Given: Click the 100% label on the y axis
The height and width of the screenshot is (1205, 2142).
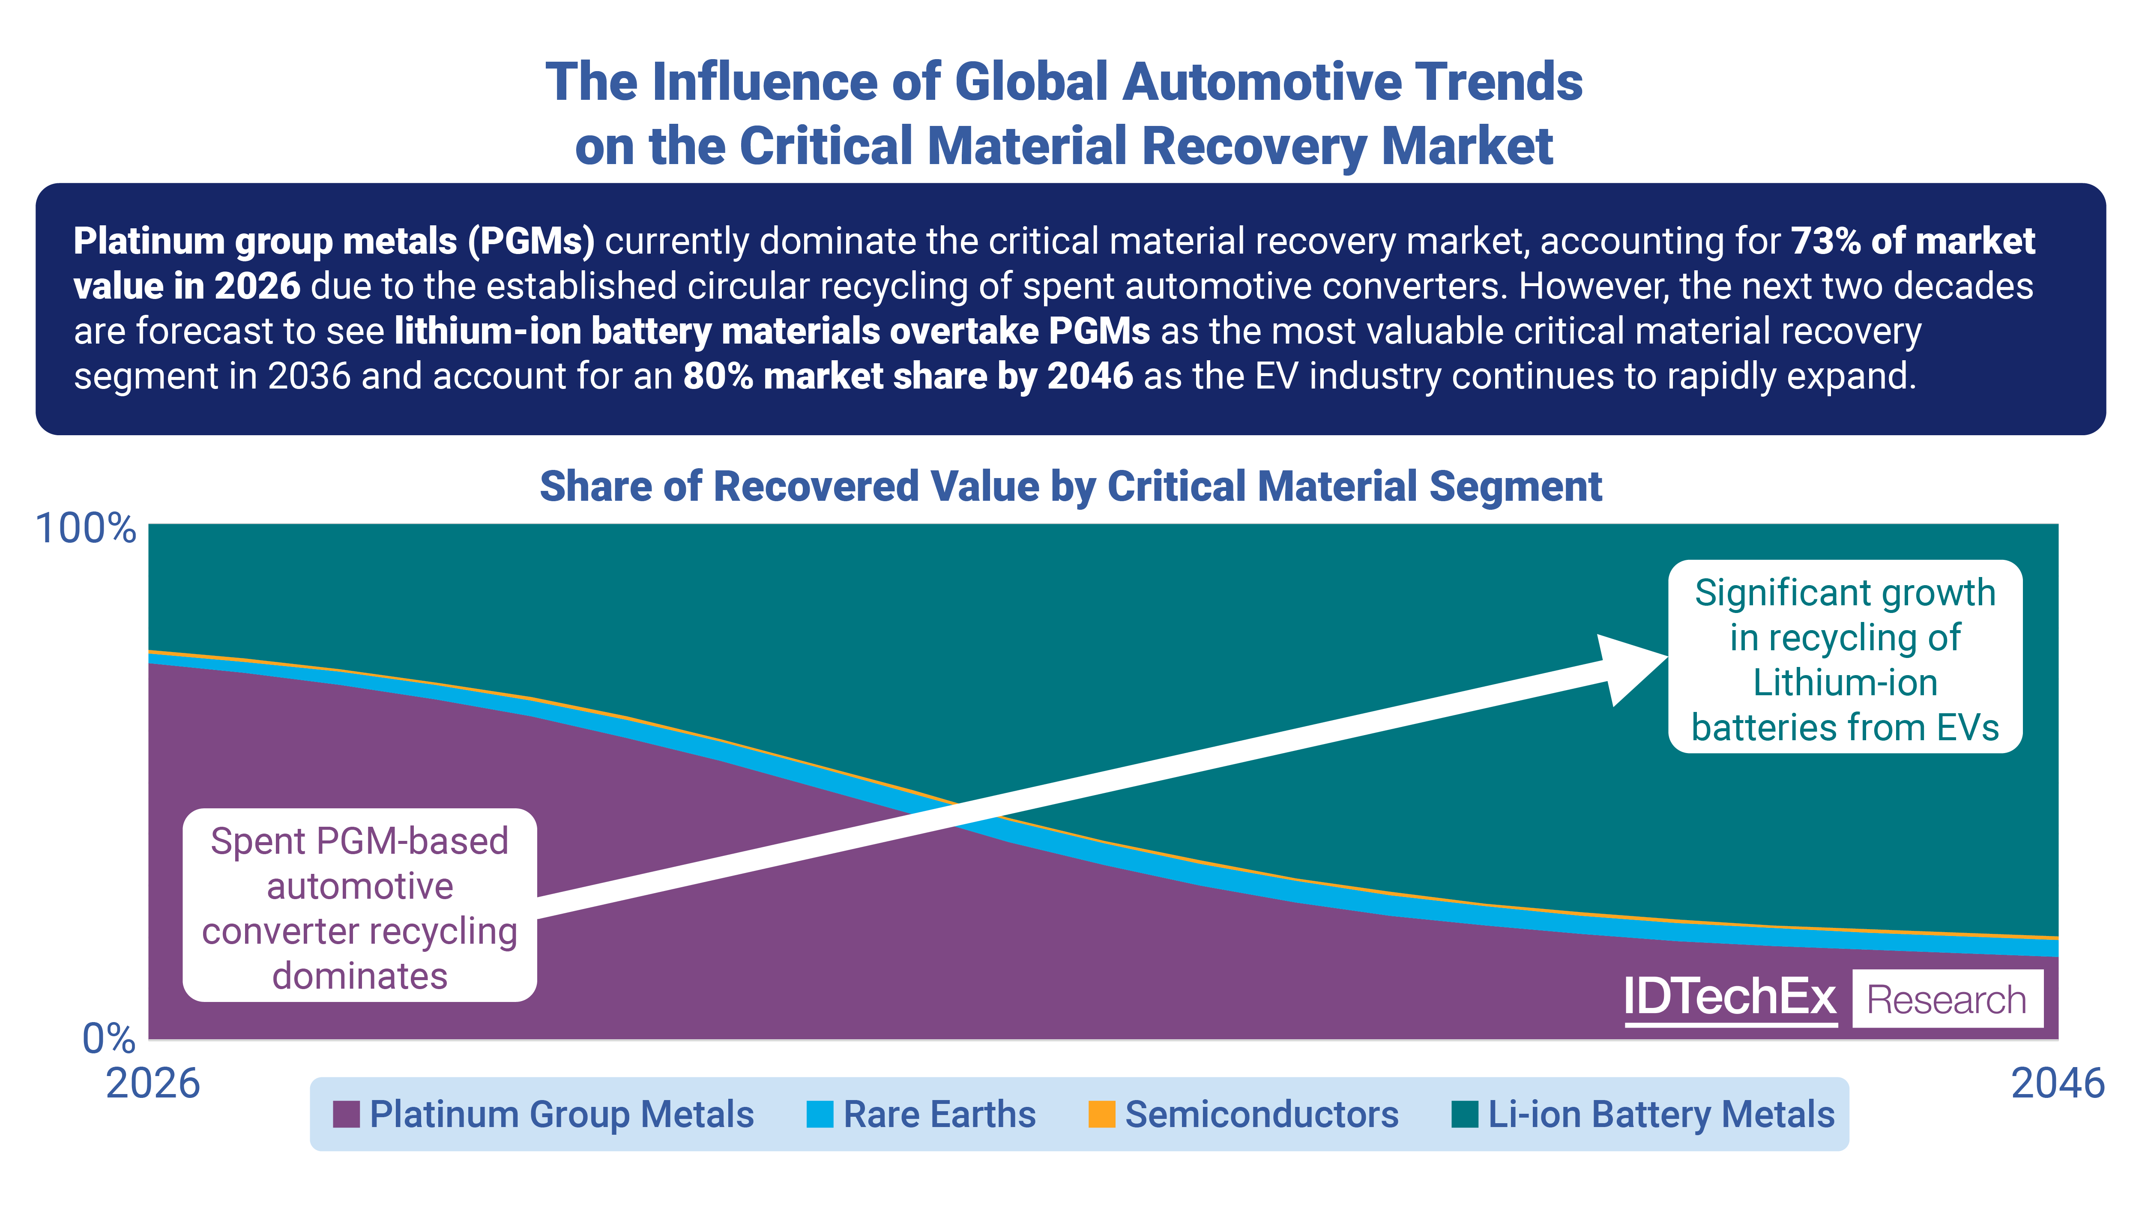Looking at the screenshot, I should click(86, 529).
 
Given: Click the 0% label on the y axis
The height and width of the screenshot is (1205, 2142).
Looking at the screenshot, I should click(108, 1039).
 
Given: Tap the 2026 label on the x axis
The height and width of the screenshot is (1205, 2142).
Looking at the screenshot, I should click(153, 1084).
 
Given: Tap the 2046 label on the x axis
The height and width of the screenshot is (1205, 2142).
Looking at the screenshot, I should click(2057, 1084).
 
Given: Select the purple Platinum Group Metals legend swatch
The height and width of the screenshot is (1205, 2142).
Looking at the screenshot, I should click(346, 1114).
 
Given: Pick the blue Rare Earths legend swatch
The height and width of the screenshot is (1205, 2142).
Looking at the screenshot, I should click(820, 1114).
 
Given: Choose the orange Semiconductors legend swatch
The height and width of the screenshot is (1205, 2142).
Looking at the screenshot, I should click(1102, 1114).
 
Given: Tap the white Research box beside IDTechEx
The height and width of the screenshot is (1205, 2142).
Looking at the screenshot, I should click(1947, 999).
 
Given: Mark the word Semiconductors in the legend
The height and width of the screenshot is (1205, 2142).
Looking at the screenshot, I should click(1261, 1114).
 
